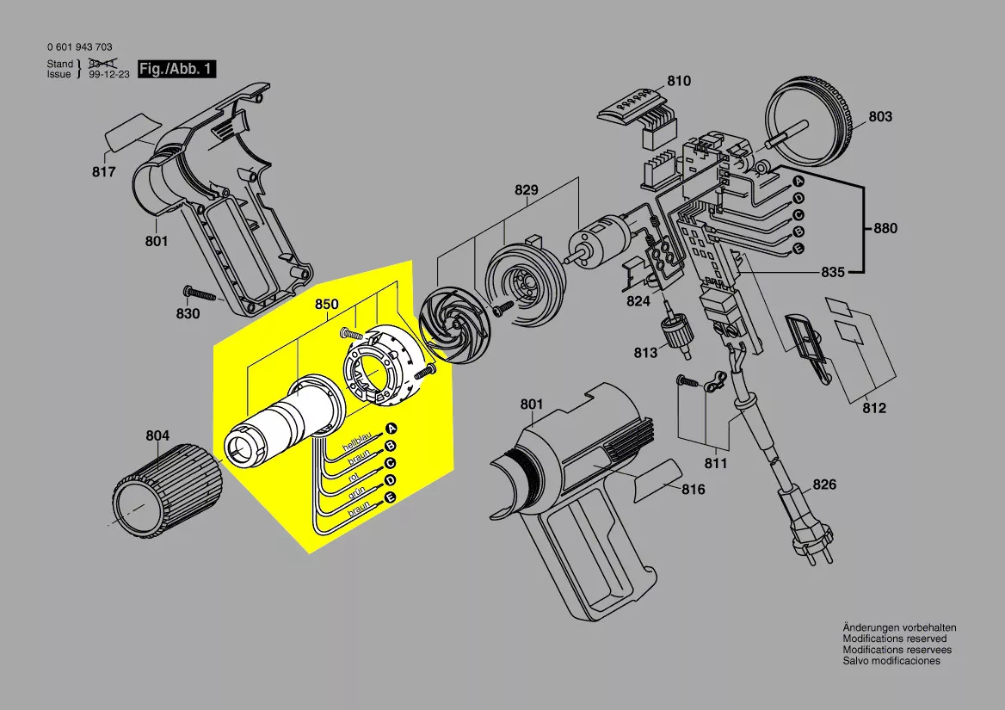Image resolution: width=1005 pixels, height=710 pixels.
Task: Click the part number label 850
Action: [326, 304]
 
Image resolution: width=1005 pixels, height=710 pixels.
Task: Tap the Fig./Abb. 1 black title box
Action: [177, 69]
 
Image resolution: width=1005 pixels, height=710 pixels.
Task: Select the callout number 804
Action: [157, 435]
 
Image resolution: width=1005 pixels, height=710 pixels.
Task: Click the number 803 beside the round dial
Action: [880, 117]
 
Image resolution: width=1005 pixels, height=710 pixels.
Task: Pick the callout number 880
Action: [885, 228]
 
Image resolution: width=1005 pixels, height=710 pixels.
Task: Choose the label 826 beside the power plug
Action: [824, 485]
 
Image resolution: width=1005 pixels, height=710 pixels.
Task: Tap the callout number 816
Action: [693, 490]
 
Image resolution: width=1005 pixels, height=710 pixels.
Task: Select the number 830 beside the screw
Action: [188, 313]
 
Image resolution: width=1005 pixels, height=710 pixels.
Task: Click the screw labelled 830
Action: [202, 294]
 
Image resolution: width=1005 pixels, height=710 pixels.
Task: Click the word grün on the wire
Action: [356, 493]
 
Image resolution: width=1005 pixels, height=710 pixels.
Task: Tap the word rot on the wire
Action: [353, 478]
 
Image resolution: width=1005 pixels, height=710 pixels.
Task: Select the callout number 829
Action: [527, 190]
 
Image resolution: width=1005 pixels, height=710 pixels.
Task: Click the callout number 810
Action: [679, 81]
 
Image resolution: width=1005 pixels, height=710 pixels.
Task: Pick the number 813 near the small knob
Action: [645, 353]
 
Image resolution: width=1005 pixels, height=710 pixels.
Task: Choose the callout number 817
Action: [103, 172]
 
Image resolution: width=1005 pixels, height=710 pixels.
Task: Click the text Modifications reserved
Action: [895, 639]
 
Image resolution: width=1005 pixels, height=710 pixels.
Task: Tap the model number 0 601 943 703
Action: [79, 46]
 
